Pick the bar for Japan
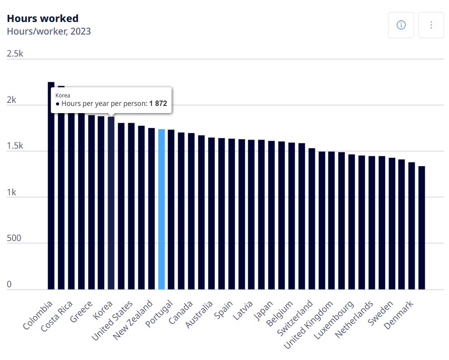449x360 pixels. tap(271, 215)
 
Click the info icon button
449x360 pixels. tap(401, 25)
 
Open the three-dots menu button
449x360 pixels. tap(431, 25)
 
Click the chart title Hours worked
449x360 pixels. tap(43, 18)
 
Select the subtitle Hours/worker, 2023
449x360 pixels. tap(49, 31)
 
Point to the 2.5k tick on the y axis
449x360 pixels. tap(15, 54)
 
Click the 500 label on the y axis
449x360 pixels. tap(14, 238)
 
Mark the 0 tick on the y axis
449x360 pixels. tap(9, 285)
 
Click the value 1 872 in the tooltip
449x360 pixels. tap(158, 104)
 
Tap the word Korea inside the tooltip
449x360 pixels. tap(63, 95)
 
